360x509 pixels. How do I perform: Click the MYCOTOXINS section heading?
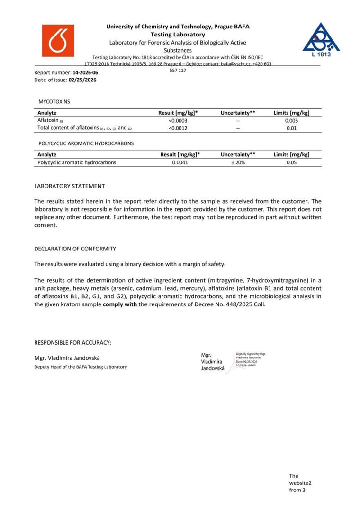point(54,101)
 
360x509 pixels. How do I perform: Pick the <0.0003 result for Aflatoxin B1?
point(178,120)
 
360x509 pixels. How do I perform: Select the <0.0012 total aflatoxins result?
point(178,128)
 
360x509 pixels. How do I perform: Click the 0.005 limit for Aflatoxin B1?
point(291,120)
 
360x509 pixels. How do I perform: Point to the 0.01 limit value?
point(291,128)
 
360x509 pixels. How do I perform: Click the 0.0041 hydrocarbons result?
point(180,162)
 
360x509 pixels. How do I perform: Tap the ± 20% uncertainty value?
point(238,162)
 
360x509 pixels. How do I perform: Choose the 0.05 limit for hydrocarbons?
point(291,162)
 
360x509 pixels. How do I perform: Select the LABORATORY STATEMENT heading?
point(70,186)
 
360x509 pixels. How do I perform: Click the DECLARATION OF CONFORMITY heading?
point(75,249)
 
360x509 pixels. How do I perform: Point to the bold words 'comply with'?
point(118,304)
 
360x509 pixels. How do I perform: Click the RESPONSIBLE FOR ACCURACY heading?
point(73,342)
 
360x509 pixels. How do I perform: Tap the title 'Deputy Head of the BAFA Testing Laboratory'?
point(81,367)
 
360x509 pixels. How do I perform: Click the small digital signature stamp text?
point(251,359)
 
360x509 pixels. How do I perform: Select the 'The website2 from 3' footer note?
point(300,483)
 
